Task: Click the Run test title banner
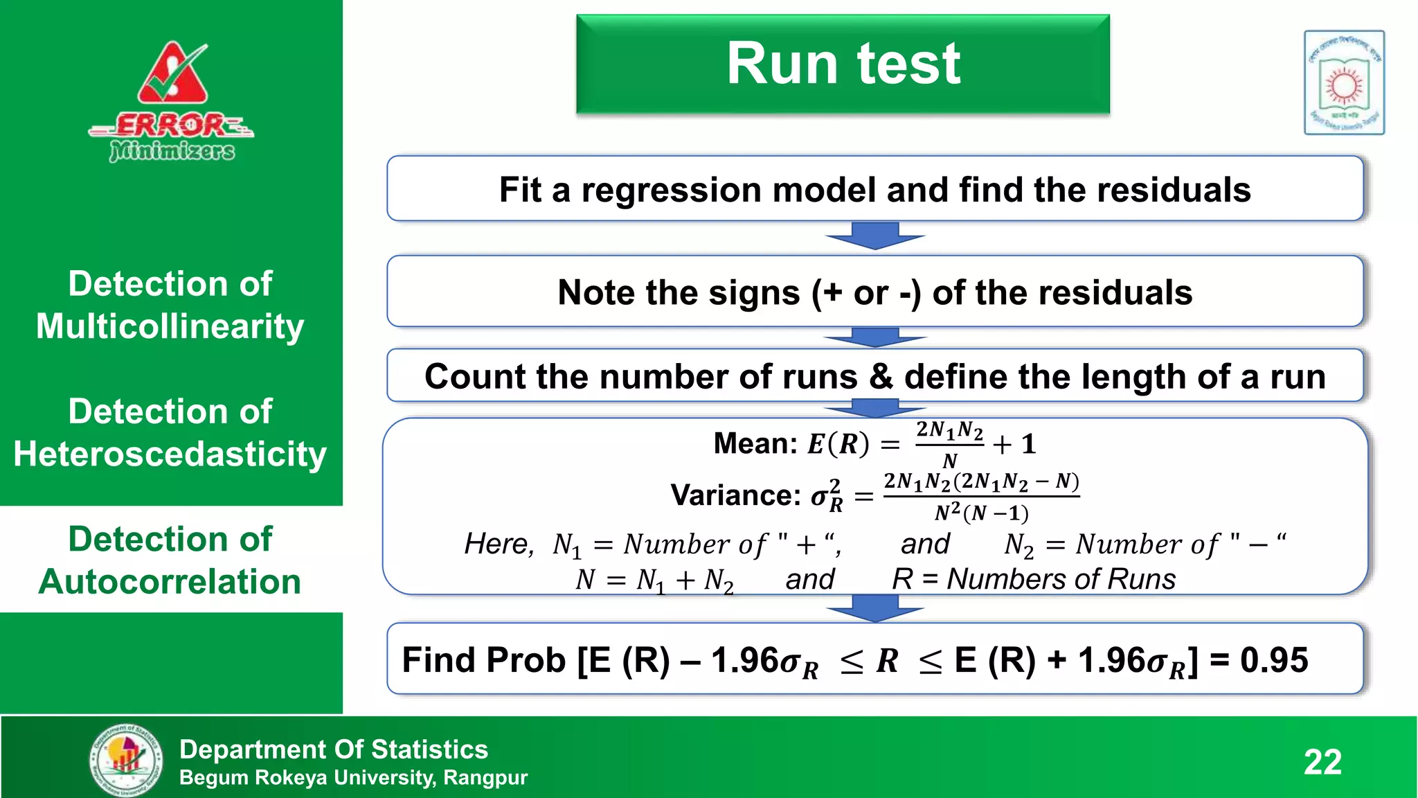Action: [843, 64]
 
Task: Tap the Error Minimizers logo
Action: [172, 102]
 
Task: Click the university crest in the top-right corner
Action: [1344, 82]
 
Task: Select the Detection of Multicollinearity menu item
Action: [170, 305]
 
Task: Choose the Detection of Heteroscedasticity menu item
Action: [170, 432]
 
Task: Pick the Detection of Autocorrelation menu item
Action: [170, 560]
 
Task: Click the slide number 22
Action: [1322, 762]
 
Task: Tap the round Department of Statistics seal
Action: [127, 760]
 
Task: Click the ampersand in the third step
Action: [881, 377]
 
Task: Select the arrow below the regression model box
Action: [875, 236]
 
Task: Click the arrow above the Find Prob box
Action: [875, 608]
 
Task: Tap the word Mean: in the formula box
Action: [755, 443]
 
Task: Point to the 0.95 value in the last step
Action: [1274, 659]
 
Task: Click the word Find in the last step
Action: [436, 659]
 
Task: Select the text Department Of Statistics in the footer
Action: [334, 750]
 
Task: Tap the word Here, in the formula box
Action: [499, 544]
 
